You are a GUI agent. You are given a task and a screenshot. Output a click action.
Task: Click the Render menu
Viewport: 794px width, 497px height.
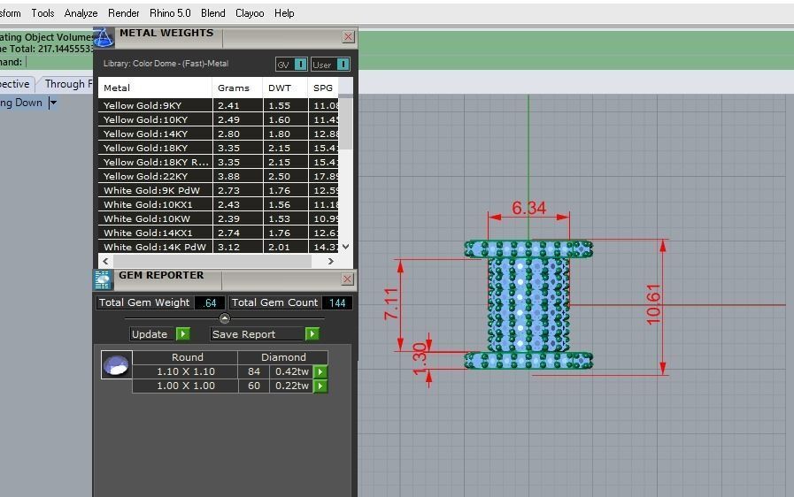point(123,13)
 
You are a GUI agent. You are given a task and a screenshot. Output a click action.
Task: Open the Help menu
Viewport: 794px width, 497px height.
point(284,13)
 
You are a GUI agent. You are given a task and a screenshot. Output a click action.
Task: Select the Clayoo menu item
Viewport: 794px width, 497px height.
point(250,13)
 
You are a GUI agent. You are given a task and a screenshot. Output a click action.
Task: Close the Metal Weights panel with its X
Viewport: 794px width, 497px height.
point(348,37)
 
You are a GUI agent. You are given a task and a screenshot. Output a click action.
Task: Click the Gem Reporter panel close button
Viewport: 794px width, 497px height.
point(348,279)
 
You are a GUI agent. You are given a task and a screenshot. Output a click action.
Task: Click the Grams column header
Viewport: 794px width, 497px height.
point(234,88)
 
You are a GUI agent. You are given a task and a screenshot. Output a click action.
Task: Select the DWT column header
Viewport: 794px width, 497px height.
point(280,88)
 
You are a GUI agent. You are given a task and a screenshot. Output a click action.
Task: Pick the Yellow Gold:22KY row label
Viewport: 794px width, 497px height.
point(145,176)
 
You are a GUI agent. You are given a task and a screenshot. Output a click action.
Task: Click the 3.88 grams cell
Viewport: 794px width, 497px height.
point(228,176)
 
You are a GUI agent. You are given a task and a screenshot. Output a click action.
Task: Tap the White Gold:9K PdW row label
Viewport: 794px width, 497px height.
point(151,190)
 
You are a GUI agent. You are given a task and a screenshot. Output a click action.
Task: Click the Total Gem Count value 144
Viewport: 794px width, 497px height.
point(337,302)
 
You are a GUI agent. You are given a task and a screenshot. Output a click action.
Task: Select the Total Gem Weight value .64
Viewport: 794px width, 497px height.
point(210,302)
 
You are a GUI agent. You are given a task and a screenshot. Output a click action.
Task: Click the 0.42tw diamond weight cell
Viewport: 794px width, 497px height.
point(291,371)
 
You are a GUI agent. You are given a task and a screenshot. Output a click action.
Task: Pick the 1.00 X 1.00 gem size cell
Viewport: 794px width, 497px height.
point(186,386)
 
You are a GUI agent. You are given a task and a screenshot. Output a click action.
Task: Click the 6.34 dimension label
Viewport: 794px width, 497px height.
point(528,209)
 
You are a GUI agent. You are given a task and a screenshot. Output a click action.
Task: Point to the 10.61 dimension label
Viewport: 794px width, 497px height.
point(653,304)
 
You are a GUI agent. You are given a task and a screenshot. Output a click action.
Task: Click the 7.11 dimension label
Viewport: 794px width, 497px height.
point(391,304)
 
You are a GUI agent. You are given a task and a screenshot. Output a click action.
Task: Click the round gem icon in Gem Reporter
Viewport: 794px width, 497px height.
point(116,364)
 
